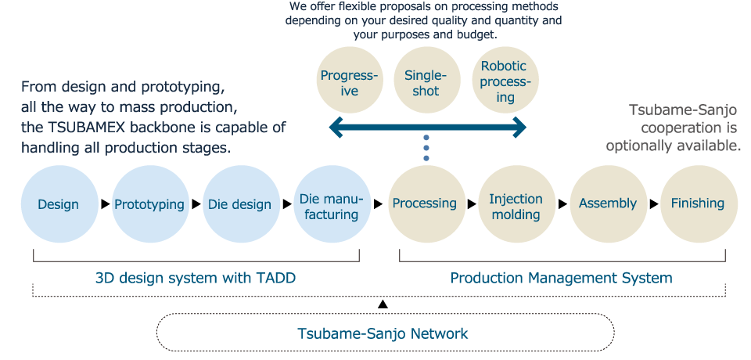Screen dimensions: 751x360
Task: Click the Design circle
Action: [59, 204]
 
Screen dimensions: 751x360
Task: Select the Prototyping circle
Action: [150, 204]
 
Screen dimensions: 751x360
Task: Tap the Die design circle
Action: [241, 204]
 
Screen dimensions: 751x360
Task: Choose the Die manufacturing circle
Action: [332, 204]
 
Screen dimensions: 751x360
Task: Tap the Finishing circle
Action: [699, 204]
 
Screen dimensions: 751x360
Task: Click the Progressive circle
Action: [350, 80]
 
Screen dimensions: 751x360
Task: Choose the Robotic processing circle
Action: [505, 80]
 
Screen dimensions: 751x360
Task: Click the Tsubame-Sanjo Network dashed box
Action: [385, 332]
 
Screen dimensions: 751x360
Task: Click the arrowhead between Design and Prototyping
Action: [106, 205]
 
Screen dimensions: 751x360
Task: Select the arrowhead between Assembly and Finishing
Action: [654, 203]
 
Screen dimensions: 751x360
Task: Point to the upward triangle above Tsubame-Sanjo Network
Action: [383, 304]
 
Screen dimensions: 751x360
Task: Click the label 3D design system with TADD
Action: [196, 278]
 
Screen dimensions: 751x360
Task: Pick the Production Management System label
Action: [562, 278]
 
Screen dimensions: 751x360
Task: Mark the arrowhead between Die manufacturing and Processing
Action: [379, 204]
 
